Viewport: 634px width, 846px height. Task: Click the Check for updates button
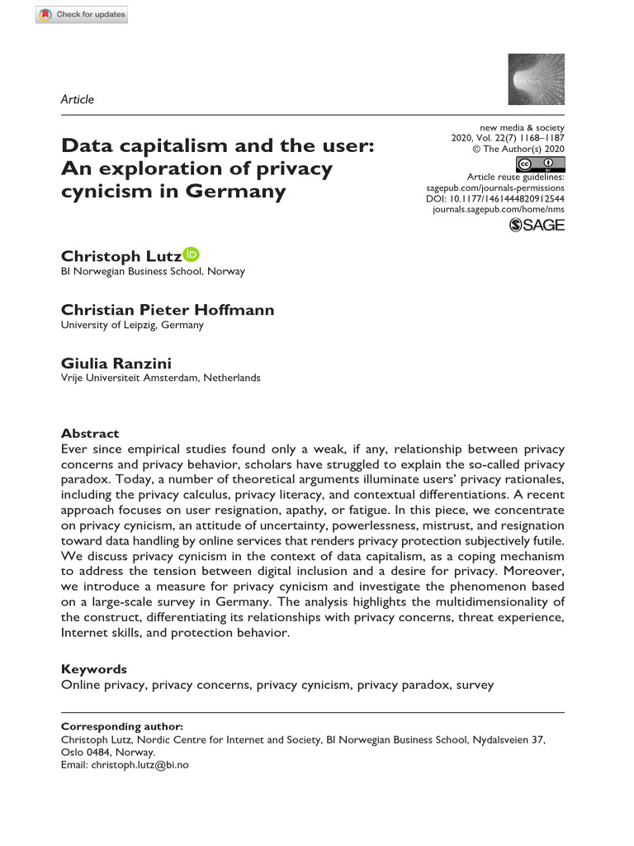pyautogui.click(x=82, y=14)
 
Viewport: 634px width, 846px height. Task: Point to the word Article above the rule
pyautogui.click(x=78, y=99)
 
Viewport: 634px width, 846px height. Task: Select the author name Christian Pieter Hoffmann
pyautogui.click(x=168, y=310)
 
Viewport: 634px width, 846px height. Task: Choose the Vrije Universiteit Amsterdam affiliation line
pyautogui.click(x=161, y=378)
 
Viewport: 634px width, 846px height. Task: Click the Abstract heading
pyautogui.click(x=90, y=433)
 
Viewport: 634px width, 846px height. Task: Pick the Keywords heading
pyautogui.click(x=94, y=669)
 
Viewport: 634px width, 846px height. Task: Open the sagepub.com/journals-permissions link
pyautogui.click(x=495, y=188)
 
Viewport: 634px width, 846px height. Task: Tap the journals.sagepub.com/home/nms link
pyautogui.click(x=499, y=211)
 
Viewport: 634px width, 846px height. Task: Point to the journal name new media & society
pyautogui.click(x=522, y=128)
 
